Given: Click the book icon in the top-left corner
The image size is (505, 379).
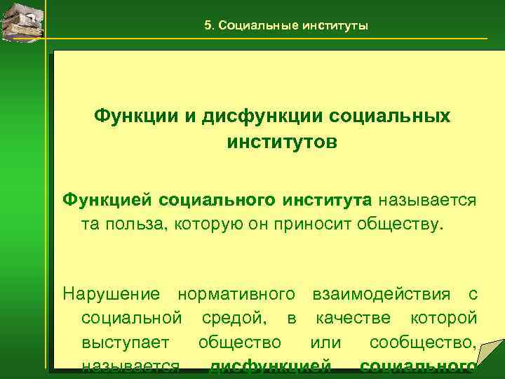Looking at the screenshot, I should tap(23, 20).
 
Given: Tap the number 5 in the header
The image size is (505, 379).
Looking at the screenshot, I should tap(207, 25).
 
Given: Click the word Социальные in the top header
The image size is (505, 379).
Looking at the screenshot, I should tap(258, 25).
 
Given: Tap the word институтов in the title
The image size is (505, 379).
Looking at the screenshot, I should tap(282, 142).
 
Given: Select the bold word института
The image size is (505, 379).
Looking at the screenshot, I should tap(328, 200).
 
